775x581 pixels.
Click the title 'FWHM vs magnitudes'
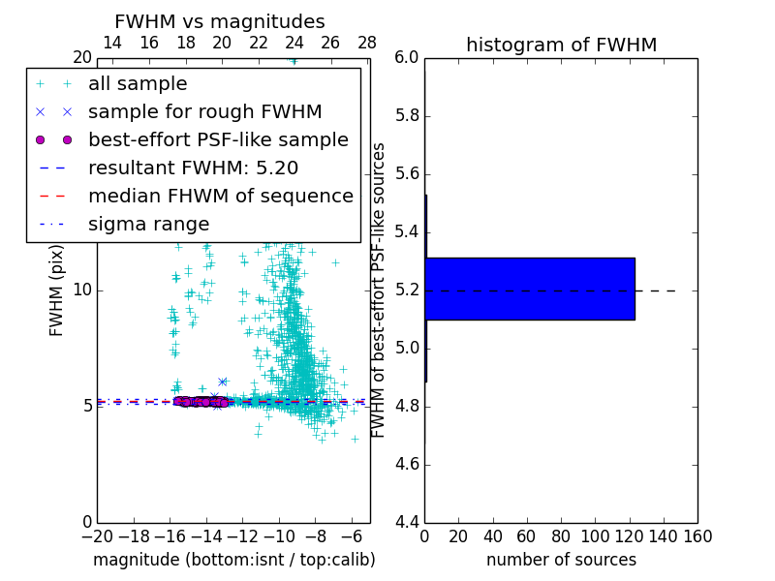[x=220, y=22]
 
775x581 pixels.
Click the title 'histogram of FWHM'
[x=561, y=45]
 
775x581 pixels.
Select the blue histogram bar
[x=530, y=289]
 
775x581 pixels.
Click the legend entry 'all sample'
[x=138, y=84]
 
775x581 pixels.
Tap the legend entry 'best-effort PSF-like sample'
[x=218, y=140]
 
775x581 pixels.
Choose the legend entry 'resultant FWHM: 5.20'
[x=193, y=168]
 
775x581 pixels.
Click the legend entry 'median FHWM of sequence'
[x=220, y=197]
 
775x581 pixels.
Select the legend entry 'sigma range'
[x=148, y=225]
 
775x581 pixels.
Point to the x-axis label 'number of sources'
[x=561, y=560]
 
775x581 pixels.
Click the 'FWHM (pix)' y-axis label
[x=57, y=289]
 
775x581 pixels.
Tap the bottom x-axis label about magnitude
[x=233, y=560]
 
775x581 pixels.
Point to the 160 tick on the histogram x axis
[x=697, y=536]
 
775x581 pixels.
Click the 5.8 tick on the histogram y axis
[x=406, y=116]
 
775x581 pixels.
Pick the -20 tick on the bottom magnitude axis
[x=97, y=536]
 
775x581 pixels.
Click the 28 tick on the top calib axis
[x=367, y=44]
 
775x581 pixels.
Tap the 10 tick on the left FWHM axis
[x=82, y=290]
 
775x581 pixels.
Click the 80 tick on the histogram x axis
[x=561, y=536]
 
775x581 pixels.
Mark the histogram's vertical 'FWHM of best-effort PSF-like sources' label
[x=380, y=289]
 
